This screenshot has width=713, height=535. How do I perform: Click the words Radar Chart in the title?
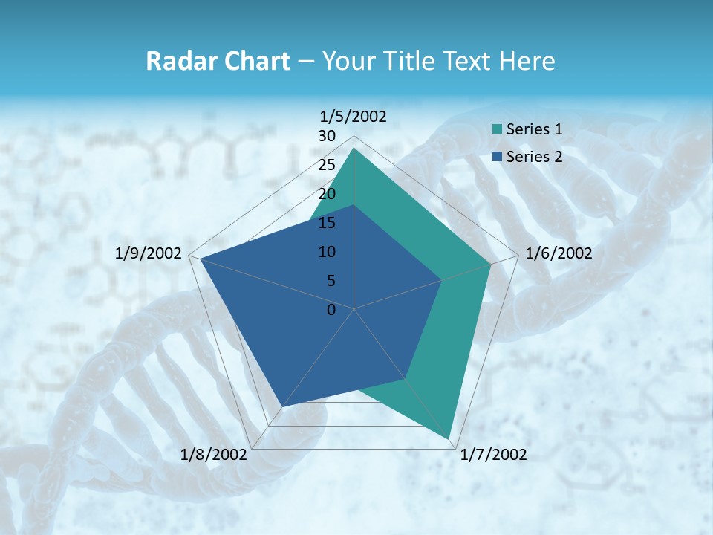click(x=217, y=61)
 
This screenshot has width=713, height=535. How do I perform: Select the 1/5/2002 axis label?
click(x=354, y=116)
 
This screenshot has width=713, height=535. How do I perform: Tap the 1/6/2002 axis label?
click(x=559, y=253)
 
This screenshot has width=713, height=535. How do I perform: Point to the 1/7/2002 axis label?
click(x=494, y=455)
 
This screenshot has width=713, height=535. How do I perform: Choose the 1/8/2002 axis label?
click(x=214, y=455)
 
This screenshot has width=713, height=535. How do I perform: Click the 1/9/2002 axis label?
click(x=149, y=253)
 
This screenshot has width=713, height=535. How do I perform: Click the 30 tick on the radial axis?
click(x=327, y=136)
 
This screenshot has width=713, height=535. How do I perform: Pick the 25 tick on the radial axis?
click(x=327, y=165)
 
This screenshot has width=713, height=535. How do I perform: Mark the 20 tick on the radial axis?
click(x=327, y=194)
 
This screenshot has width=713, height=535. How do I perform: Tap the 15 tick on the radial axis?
click(x=327, y=223)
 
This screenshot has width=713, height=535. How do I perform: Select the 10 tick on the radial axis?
click(x=327, y=252)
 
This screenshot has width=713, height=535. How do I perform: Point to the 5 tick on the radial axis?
click(x=331, y=281)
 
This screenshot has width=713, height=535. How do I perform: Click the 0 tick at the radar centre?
click(x=331, y=310)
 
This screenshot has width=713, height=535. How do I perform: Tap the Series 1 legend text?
click(x=534, y=129)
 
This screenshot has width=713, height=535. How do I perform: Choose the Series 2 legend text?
click(x=534, y=156)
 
